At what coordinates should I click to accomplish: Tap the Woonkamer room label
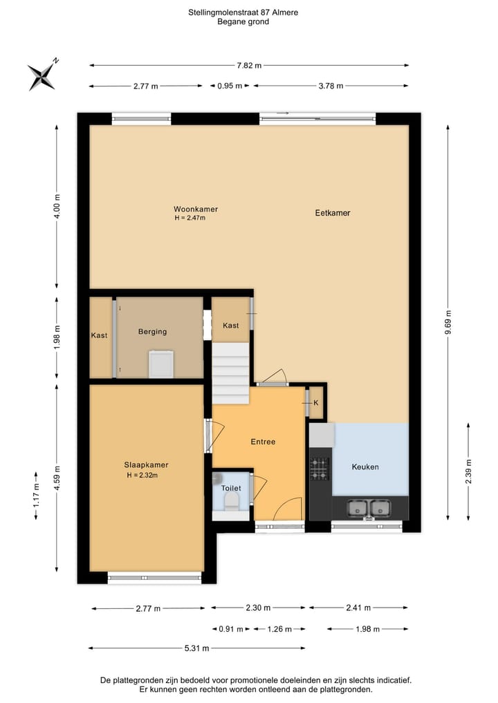click(191, 209)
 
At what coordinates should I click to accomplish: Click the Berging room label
click(152, 332)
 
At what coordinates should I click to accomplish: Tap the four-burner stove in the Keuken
click(319, 469)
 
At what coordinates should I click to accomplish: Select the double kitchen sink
click(369, 508)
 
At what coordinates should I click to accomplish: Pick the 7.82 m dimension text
click(249, 66)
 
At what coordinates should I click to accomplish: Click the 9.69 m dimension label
click(448, 323)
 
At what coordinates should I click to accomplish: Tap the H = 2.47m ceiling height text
click(190, 218)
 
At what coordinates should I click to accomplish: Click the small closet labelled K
click(316, 402)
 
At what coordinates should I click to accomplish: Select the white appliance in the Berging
click(161, 364)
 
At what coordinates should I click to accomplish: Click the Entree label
click(263, 442)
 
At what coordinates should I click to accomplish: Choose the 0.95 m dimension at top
click(230, 86)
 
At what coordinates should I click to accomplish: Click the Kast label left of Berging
click(99, 336)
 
